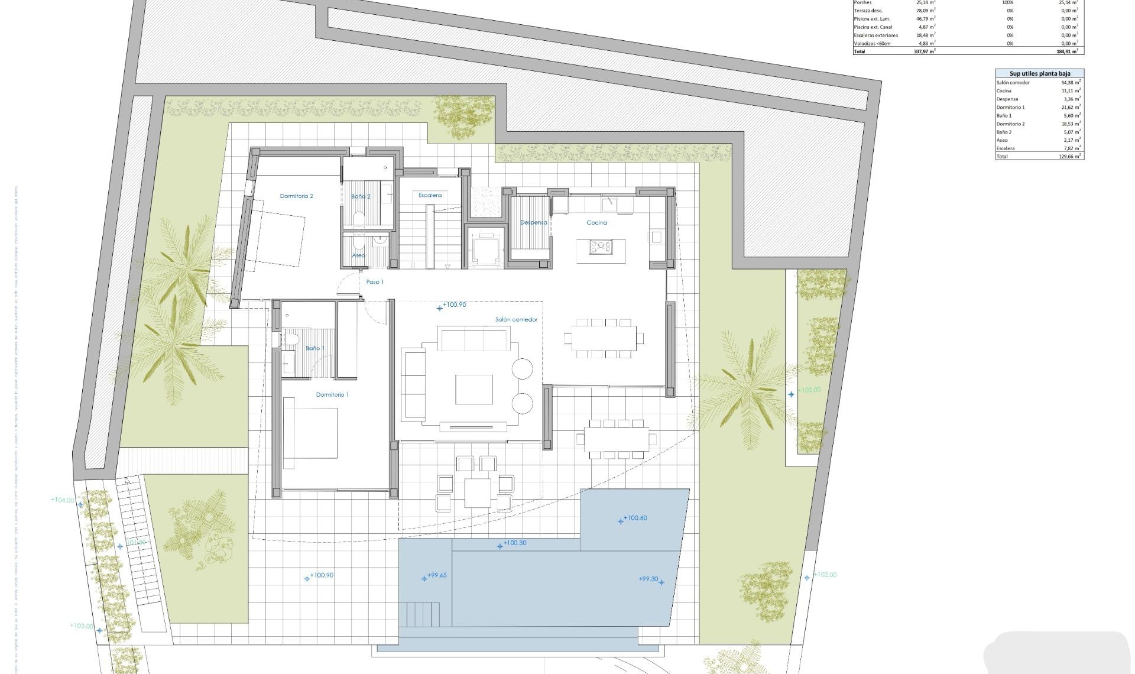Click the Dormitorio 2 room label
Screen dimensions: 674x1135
(296, 196)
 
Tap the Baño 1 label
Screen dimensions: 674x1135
(314, 348)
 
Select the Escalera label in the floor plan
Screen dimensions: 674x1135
(430, 195)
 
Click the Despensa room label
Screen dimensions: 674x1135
(533, 223)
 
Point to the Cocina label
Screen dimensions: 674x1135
(596, 223)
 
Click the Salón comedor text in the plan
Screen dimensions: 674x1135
(516, 320)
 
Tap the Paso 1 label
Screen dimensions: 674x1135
(375, 282)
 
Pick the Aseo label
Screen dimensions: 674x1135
(358, 255)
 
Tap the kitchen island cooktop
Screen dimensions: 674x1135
(601, 247)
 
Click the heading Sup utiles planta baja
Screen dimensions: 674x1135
(1039, 73)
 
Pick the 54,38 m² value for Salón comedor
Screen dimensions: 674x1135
(1071, 83)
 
